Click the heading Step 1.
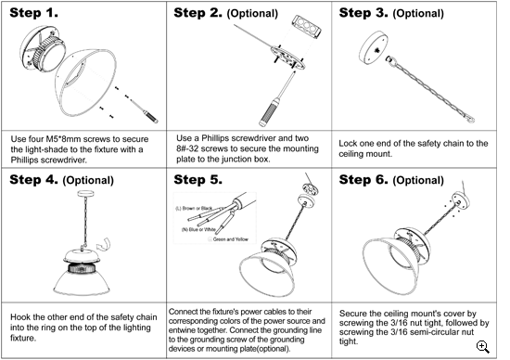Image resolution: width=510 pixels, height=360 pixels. (x=33, y=13)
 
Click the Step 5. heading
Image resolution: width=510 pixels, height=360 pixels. (x=198, y=180)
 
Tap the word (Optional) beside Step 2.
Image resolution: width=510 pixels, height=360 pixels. (x=252, y=14)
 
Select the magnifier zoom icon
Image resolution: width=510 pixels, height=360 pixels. (x=483, y=347)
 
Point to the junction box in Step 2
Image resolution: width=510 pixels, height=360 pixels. (x=307, y=26)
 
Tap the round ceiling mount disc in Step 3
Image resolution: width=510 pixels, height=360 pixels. (x=374, y=48)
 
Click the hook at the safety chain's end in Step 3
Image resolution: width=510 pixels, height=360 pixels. (x=469, y=119)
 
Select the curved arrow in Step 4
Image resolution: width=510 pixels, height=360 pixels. (x=104, y=244)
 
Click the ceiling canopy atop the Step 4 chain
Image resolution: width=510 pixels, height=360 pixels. (x=86, y=194)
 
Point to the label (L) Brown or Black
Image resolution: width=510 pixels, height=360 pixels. (x=194, y=209)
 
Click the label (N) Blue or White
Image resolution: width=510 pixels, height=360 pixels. (x=198, y=229)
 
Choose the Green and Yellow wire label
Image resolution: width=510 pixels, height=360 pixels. (x=231, y=239)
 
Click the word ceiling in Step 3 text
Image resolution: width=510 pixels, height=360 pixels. (x=349, y=154)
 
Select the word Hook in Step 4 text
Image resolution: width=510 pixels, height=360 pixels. (x=19, y=317)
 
